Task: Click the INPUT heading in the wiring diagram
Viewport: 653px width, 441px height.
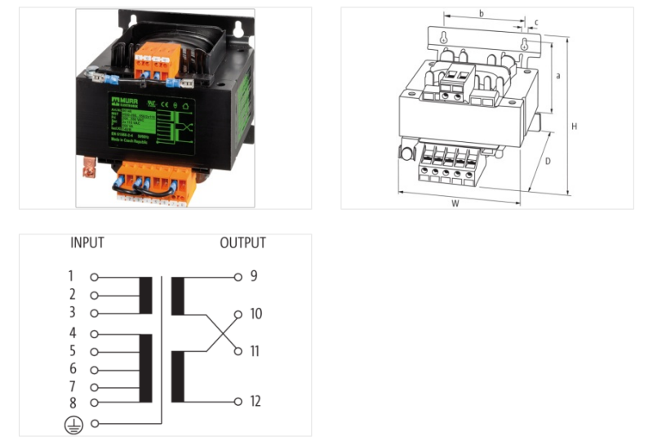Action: click(x=87, y=243)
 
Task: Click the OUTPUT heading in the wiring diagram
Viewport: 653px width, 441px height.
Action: click(x=242, y=243)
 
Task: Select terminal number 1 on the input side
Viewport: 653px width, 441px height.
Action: click(x=72, y=276)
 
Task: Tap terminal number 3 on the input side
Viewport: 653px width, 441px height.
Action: click(x=72, y=313)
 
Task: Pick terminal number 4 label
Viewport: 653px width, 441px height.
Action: click(x=72, y=333)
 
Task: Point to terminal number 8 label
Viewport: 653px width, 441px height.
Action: click(x=72, y=402)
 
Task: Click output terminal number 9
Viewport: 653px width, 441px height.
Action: click(x=254, y=276)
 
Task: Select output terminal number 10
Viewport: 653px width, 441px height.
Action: click(x=255, y=314)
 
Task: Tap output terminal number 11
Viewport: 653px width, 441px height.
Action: click(x=255, y=351)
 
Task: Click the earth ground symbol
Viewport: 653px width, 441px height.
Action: click(x=72, y=423)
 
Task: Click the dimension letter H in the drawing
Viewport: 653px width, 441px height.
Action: click(x=575, y=127)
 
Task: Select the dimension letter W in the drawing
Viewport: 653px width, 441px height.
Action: click(x=455, y=203)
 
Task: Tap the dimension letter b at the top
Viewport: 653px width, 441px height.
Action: click(x=482, y=13)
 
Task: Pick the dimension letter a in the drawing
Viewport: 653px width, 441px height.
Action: click(x=557, y=76)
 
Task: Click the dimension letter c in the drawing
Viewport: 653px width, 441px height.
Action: click(x=536, y=22)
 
